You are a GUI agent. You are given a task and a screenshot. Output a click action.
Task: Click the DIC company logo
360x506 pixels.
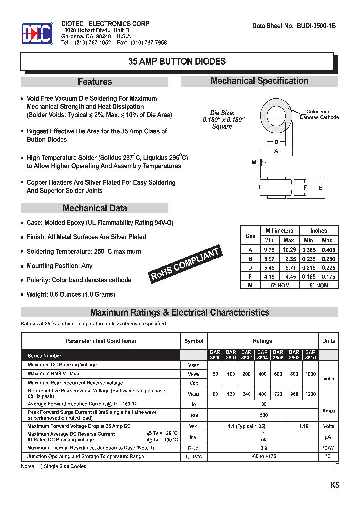tap(37, 34)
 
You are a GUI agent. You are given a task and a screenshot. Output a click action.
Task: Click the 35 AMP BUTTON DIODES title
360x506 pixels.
tap(177, 62)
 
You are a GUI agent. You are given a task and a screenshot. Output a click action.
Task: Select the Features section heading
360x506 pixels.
tap(95, 82)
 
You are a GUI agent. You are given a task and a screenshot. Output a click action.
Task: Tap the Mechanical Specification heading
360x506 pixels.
tap(259, 81)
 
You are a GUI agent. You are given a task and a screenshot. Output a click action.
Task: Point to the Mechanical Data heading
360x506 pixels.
tap(95, 208)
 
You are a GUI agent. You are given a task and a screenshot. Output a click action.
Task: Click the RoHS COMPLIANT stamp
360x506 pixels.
tap(185, 265)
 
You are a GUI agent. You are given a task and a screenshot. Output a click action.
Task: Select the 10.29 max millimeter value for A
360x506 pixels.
tap(289, 249)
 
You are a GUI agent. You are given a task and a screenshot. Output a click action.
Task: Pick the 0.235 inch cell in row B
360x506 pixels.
tap(309, 259)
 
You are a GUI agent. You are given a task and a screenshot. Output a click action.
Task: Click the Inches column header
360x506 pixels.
tap(318, 230)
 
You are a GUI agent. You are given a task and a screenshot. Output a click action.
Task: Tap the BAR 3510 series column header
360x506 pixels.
tap(310, 355)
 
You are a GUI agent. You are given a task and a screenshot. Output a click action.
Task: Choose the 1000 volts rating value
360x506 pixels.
tap(310, 374)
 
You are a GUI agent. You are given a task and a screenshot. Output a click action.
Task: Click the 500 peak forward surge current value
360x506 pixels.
tap(264, 415)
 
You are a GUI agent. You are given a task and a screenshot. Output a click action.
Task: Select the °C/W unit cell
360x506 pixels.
tap(328, 448)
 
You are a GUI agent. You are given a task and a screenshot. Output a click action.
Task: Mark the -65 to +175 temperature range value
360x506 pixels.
tap(264, 456)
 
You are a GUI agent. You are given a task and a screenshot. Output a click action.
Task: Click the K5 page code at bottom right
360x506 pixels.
tap(334, 485)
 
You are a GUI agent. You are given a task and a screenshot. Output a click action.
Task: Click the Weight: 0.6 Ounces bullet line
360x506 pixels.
tap(71, 294)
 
